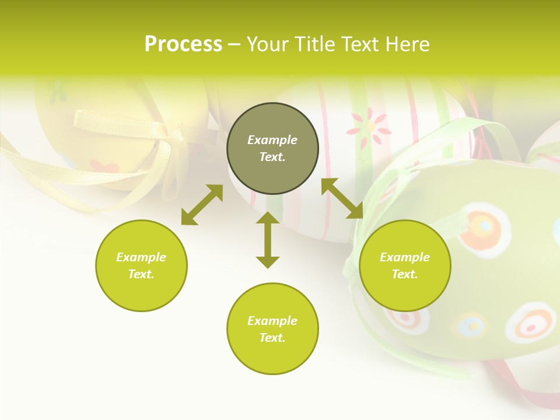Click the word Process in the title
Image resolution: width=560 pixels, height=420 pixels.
[183, 44]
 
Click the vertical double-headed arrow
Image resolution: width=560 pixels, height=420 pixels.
[268, 240]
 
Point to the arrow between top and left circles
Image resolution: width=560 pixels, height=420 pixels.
[202, 205]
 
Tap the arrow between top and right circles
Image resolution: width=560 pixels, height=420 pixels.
[342, 198]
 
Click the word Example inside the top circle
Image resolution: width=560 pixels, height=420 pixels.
[272, 140]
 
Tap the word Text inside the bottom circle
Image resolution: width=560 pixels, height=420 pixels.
[272, 338]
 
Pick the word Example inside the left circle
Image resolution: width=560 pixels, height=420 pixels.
[141, 257]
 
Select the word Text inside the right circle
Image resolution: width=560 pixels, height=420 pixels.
[405, 274]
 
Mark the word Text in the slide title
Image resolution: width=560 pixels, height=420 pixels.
[356, 44]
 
